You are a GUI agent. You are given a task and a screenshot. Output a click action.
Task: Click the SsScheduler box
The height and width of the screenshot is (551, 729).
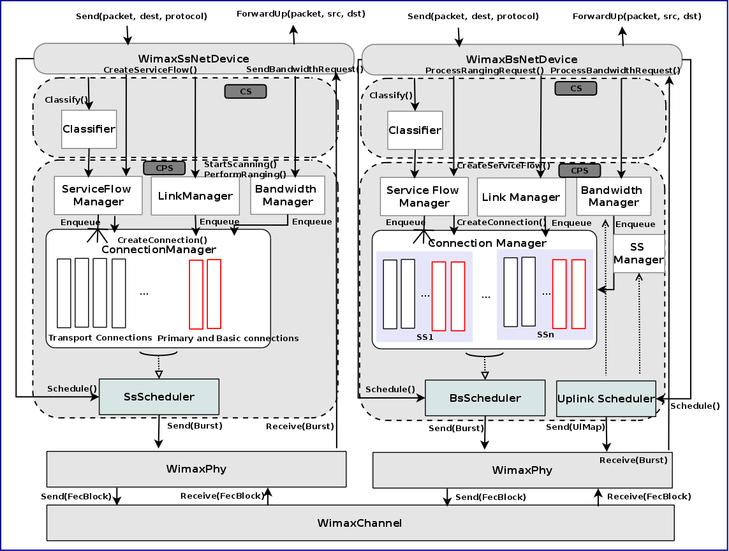click(159, 397)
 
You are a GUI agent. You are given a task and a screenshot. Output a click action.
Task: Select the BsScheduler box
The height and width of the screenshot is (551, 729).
click(485, 398)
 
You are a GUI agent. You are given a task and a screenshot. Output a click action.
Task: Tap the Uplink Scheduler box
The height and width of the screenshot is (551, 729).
click(606, 399)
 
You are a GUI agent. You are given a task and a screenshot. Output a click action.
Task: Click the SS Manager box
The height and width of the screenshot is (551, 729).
click(638, 253)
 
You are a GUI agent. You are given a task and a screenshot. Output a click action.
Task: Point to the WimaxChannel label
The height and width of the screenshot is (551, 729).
click(360, 523)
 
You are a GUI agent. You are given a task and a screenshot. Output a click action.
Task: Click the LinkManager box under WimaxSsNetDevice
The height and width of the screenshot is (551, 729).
click(195, 196)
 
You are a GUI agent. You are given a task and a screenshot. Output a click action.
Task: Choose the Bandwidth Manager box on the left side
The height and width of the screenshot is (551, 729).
click(288, 195)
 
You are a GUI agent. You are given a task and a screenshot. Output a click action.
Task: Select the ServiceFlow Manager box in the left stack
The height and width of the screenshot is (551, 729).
click(98, 195)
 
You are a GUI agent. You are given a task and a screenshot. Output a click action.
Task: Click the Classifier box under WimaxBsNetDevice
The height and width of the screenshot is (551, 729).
click(415, 130)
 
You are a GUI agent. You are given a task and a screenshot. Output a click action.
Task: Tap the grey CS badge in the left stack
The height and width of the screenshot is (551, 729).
click(245, 91)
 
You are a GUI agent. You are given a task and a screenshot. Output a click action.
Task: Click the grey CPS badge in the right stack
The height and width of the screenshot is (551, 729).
click(579, 170)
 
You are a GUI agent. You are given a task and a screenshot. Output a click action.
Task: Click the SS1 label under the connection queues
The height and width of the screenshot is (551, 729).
click(424, 337)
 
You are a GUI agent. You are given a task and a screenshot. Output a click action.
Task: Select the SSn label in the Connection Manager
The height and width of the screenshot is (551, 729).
click(545, 334)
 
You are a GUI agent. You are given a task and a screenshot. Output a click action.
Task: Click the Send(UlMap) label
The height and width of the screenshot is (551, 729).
click(575, 427)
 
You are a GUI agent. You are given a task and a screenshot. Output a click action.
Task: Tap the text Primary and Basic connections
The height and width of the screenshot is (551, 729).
click(228, 338)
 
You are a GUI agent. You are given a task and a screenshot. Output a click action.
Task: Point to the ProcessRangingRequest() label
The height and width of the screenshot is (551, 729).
click(484, 70)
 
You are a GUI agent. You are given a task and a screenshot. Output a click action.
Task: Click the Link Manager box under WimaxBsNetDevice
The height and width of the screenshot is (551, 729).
click(521, 197)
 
